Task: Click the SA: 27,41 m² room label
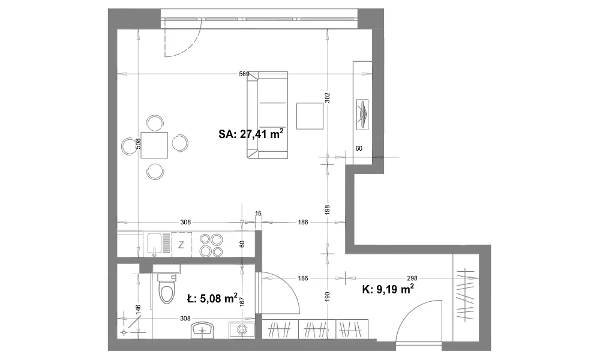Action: [x=251, y=134]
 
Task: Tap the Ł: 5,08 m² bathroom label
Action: [x=212, y=298]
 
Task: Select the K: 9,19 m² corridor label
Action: [x=388, y=289]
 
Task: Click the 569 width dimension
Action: [x=244, y=74]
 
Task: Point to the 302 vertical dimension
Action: [x=327, y=98]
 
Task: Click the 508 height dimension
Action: [x=139, y=143]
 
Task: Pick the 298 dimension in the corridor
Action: [x=412, y=278]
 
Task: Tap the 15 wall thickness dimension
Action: [x=258, y=214]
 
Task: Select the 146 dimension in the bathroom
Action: [x=138, y=310]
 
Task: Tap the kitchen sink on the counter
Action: [x=155, y=244]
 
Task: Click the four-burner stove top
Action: [x=211, y=245]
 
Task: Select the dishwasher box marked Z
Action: [x=181, y=245]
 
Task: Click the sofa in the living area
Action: [x=267, y=115]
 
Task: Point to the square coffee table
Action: [x=310, y=116]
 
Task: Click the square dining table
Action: [x=154, y=145]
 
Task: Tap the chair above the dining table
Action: [x=155, y=123]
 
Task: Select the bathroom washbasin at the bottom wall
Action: [x=202, y=331]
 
